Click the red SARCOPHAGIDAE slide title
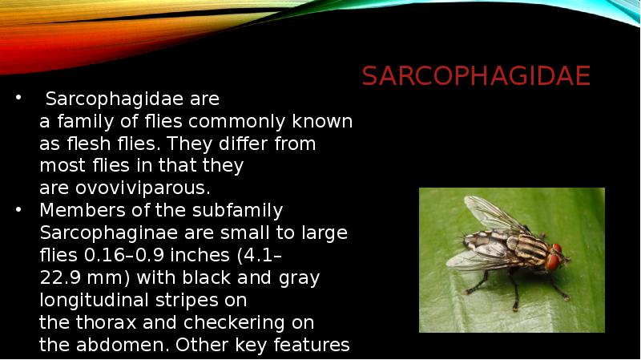[476, 76]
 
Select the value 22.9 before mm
[59, 278]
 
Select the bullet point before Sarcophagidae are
[19, 99]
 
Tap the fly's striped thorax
[524, 247]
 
